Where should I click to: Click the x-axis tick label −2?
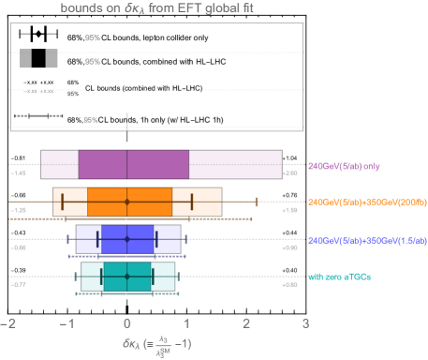(8, 322)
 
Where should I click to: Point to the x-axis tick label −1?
(66, 322)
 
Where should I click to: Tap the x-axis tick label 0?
(126, 322)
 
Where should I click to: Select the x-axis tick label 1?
(186, 322)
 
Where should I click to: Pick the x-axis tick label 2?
(245, 322)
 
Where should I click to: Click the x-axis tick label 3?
(305, 322)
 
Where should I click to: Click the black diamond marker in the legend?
(38, 34)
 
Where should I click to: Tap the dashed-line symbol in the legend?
(38, 117)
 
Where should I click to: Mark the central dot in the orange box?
(126, 202)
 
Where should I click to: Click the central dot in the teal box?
(126, 276)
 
